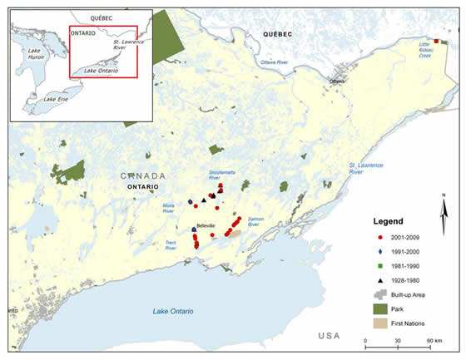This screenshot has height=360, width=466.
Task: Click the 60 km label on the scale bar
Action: tap(433, 342)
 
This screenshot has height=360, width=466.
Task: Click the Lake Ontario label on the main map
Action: tap(173, 311)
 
